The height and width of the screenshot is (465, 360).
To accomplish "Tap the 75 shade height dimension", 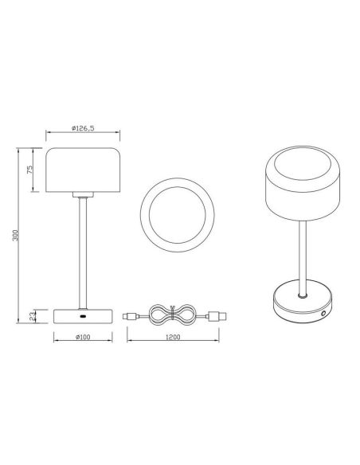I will click(x=29, y=170).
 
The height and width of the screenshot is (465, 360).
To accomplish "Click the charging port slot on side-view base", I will click(x=84, y=316).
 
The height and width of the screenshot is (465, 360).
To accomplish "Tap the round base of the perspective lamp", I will click(x=301, y=304).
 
